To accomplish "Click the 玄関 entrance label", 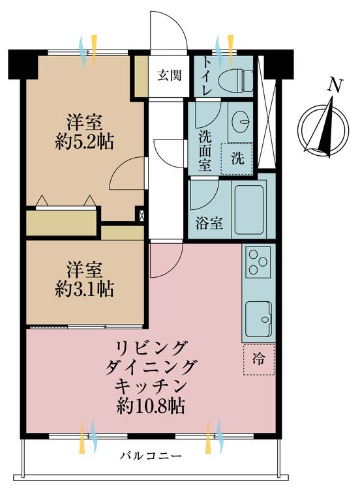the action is (x=169, y=75).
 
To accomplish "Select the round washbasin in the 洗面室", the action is (x=241, y=118).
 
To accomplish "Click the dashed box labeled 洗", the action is (x=237, y=159).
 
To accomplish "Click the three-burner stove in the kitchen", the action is (x=258, y=262).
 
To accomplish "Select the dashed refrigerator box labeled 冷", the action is (x=259, y=359).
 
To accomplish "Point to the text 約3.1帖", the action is (x=84, y=289).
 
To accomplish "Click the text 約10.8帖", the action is (x=151, y=406).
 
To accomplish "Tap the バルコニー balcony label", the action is (x=151, y=456).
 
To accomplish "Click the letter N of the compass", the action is (x=335, y=85).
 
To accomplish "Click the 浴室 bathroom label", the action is (x=209, y=223).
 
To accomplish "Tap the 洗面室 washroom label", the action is (x=205, y=151).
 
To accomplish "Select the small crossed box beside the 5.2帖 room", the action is (x=142, y=215).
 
